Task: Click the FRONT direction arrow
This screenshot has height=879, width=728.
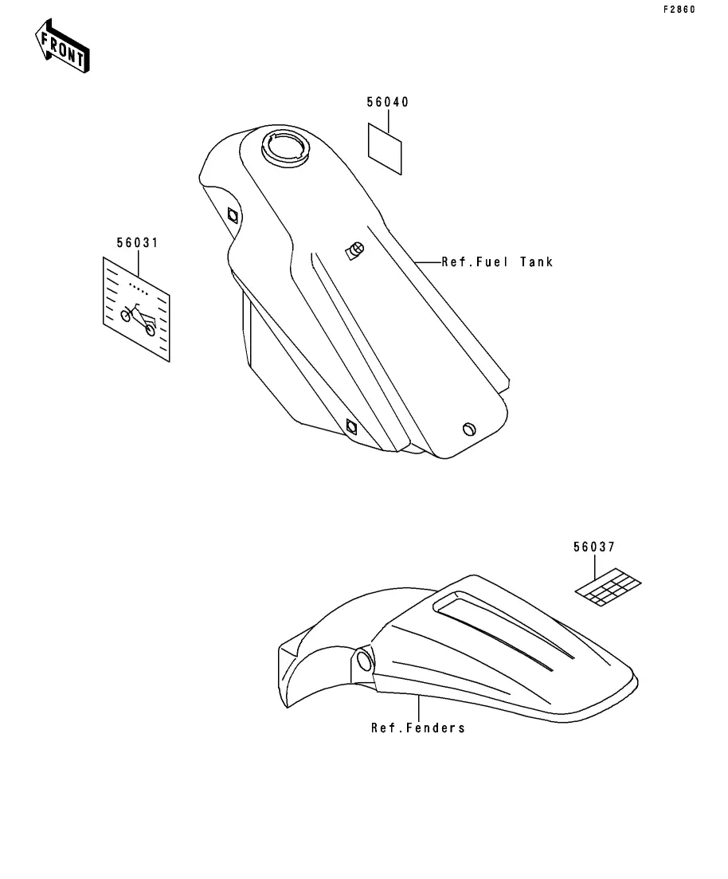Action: point(62,47)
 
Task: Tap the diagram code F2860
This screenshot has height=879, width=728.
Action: point(679,10)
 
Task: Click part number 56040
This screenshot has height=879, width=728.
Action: point(387,102)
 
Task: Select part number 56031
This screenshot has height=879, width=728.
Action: point(137,242)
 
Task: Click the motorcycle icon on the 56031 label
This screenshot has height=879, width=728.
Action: point(138,318)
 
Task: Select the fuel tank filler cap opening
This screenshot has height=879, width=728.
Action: point(285,147)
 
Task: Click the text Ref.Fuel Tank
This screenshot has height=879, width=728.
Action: point(497,261)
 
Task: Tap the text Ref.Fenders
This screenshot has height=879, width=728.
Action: point(418,728)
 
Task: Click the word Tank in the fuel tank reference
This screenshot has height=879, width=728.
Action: point(536,261)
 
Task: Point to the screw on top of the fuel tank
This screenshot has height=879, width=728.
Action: point(354,250)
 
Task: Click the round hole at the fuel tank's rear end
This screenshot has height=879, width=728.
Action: point(469,429)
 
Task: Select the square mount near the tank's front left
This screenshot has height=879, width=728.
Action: point(232,214)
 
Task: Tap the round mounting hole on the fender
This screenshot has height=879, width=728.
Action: point(363,660)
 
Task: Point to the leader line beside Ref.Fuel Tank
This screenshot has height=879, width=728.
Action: point(427,261)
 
